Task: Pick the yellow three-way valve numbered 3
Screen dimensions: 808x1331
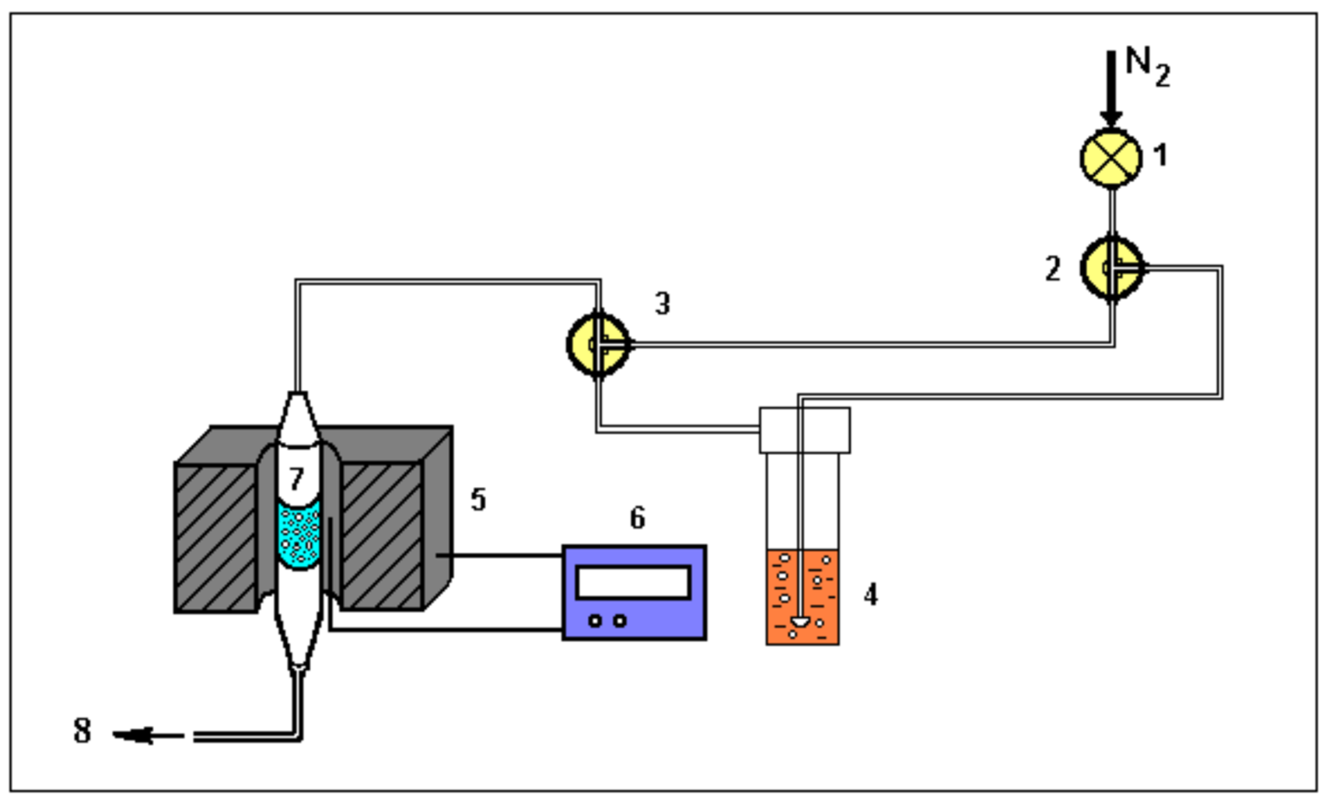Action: (598, 344)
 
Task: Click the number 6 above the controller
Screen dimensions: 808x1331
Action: (637, 518)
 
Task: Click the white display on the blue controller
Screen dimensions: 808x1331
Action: (634, 582)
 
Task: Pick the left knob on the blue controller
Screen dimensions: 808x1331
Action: (595, 621)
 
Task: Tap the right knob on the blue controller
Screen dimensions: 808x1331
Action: (620, 621)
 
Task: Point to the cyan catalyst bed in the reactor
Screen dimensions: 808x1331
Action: (298, 536)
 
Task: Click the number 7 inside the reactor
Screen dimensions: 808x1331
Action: (296, 479)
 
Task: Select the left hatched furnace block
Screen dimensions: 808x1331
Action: (215, 538)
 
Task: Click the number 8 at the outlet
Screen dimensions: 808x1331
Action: (82, 731)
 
